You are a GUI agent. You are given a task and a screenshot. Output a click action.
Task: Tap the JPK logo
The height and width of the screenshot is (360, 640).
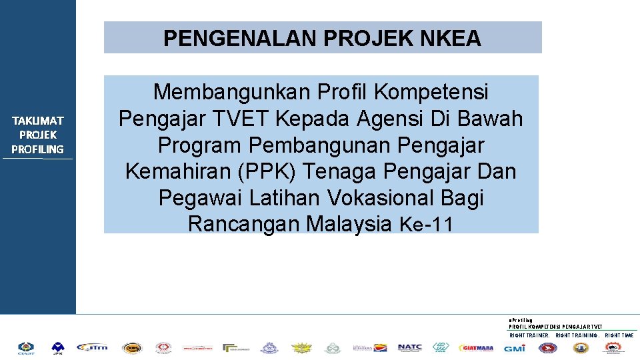[58, 347]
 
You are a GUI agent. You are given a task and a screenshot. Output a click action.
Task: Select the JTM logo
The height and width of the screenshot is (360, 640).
[91, 347]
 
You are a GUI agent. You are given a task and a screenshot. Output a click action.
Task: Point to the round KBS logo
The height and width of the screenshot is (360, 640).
[131, 347]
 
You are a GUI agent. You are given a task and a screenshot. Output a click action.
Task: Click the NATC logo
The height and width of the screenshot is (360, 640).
[409, 347]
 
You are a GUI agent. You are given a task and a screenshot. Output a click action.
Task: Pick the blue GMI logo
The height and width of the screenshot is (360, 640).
[514, 348]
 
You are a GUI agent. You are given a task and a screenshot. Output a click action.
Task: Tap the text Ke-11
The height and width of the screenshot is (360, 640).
[426, 225]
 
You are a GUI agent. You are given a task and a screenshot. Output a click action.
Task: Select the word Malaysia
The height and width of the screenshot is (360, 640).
[349, 225]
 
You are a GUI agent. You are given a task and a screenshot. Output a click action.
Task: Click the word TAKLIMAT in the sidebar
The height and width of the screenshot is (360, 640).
[37, 121]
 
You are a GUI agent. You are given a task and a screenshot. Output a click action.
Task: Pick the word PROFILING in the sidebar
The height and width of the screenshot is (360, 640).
[37, 149]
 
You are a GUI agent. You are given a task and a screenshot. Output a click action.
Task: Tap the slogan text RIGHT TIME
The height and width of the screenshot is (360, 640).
[619, 335]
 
